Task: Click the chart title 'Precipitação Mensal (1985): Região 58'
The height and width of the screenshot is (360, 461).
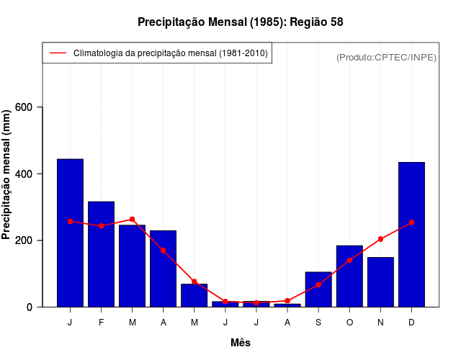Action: coord(240,22)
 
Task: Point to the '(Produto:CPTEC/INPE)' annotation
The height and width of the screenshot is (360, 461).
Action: coord(386,57)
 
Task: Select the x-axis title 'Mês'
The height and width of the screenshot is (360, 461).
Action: coord(241,343)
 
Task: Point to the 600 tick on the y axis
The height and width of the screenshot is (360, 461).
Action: coord(24,107)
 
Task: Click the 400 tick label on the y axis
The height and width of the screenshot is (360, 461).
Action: coord(24,174)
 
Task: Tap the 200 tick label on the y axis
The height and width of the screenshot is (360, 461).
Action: coord(24,240)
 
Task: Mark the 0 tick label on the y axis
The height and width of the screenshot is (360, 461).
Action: coord(30,307)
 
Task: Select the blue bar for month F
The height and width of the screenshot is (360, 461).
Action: coord(101,254)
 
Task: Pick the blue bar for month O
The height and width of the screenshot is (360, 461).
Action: coord(349,276)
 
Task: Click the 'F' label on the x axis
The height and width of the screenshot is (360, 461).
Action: coord(101,323)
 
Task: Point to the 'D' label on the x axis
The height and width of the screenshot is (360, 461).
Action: coord(411,323)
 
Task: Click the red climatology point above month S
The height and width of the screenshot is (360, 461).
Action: coord(318,285)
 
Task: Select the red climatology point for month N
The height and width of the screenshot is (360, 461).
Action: coord(380,239)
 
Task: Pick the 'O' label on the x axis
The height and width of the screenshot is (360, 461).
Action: coord(349,323)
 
